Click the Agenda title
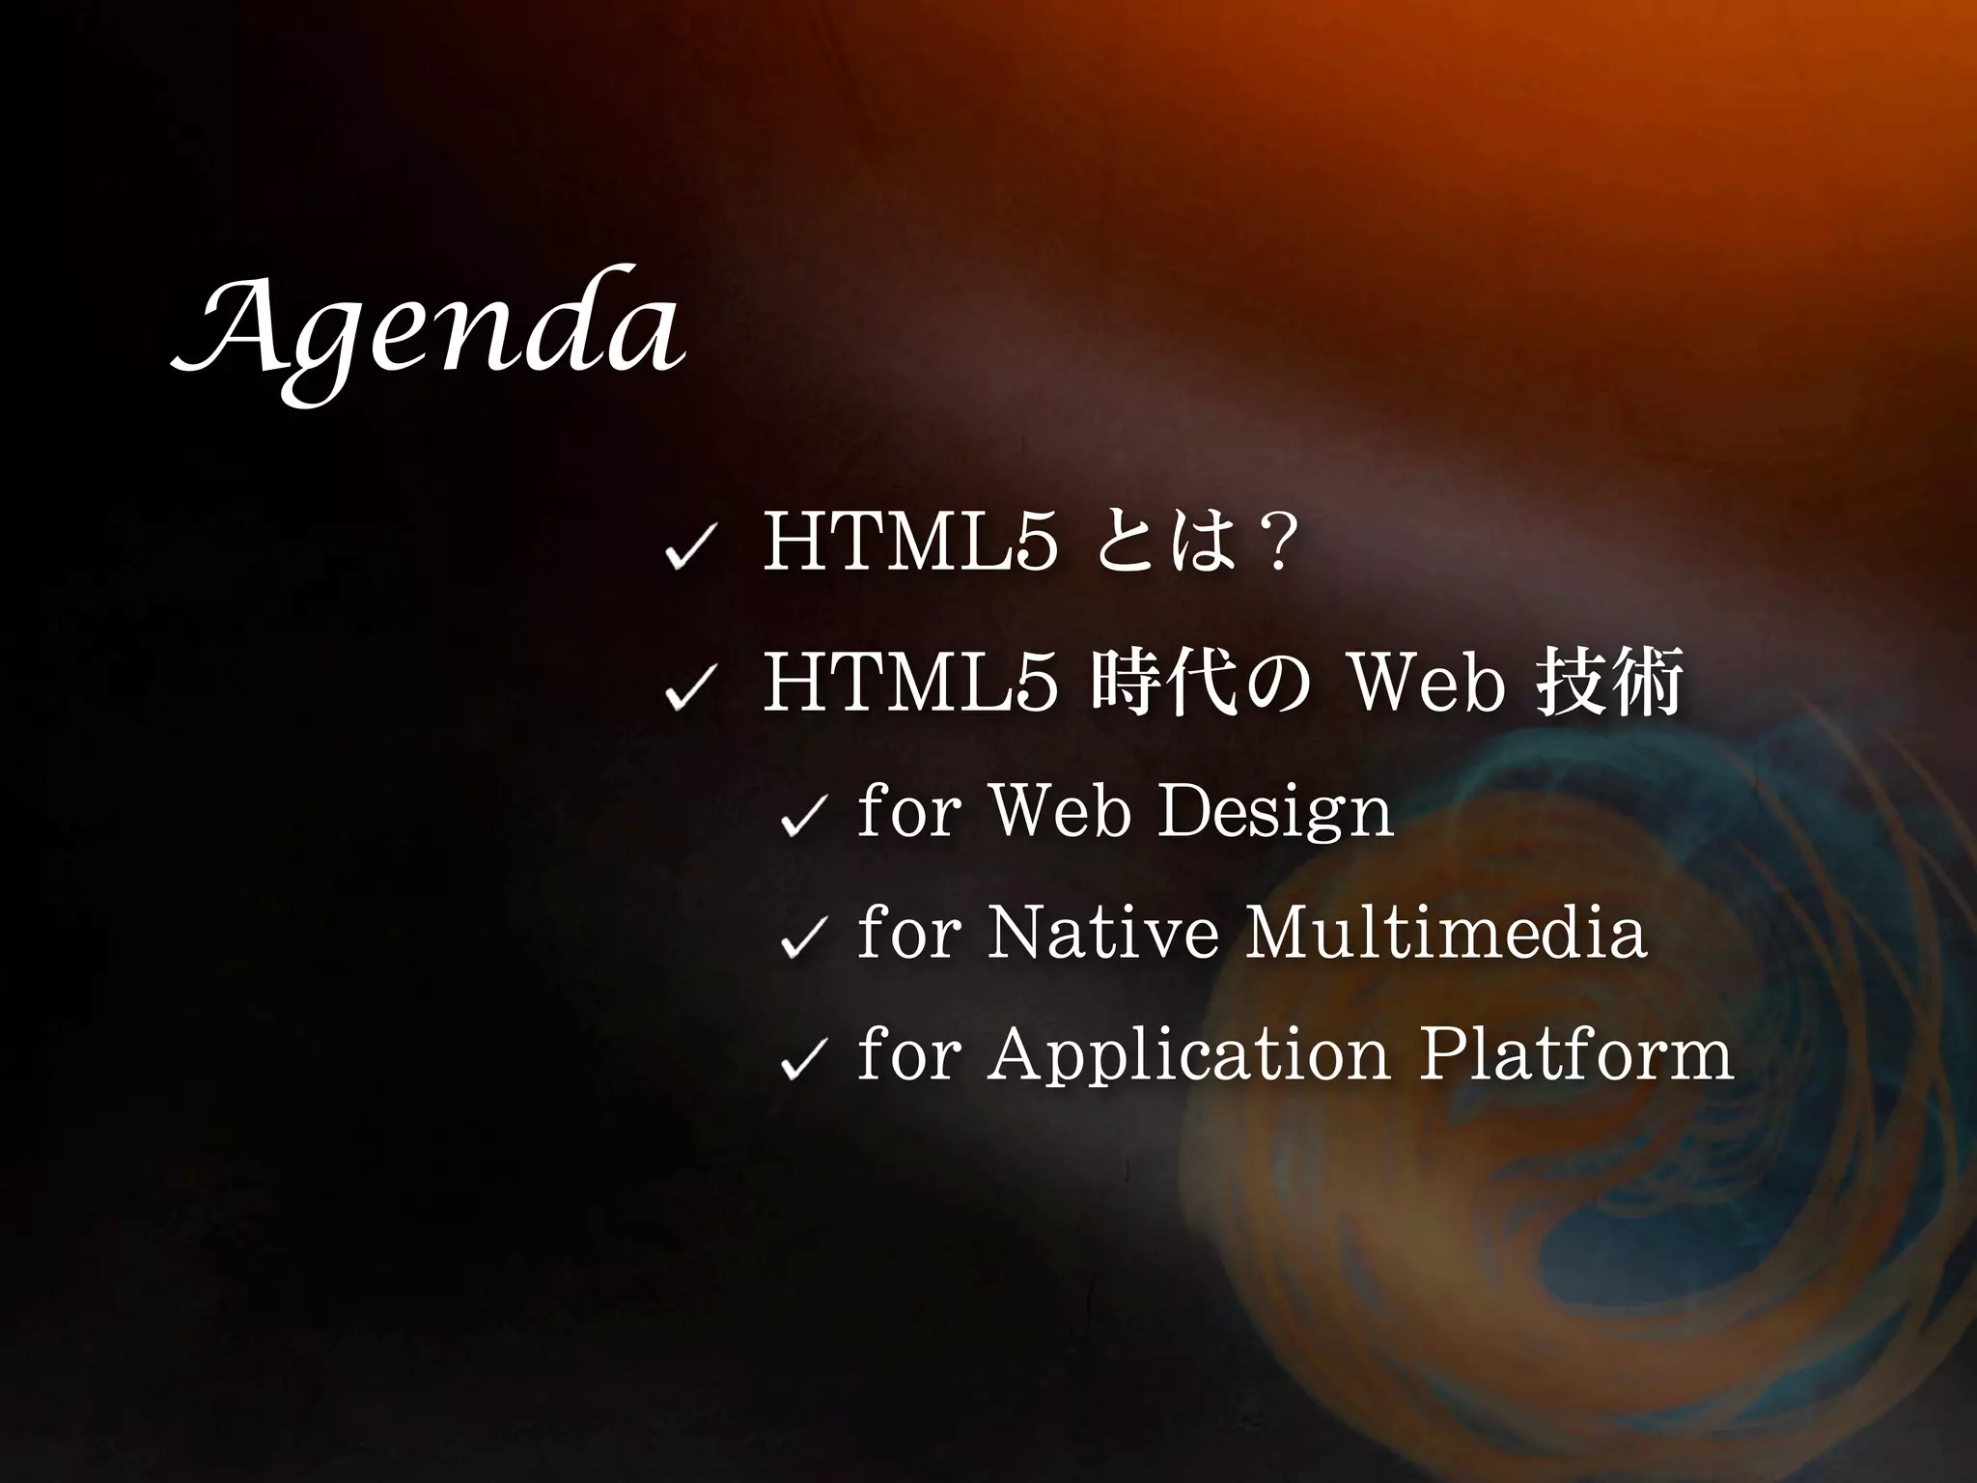point(429,334)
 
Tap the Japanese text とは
point(1166,546)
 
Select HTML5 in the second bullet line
point(908,682)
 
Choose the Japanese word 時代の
point(1203,682)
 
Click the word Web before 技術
point(1428,682)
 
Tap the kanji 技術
point(1608,682)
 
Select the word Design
point(1274,813)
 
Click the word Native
point(1102,934)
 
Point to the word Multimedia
point(1444,934)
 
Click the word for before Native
point(907,934)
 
